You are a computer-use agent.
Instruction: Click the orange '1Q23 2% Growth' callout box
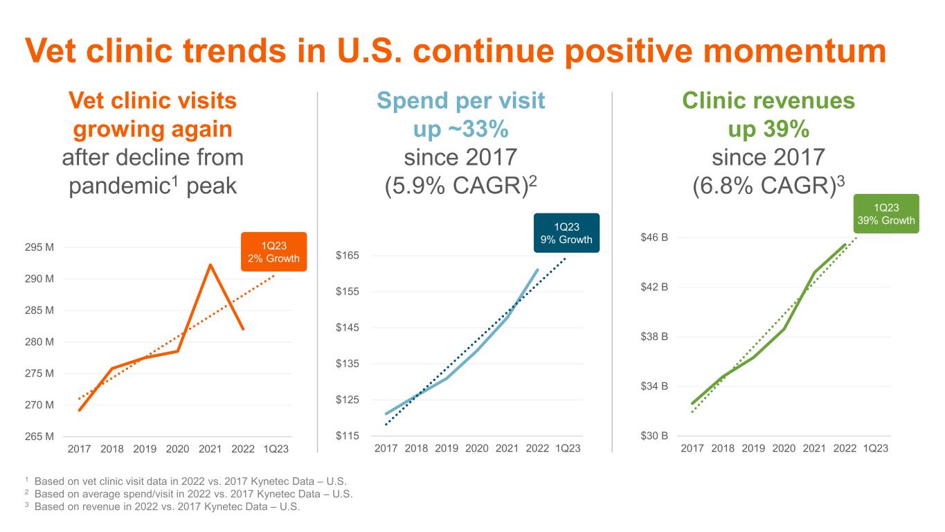point(274,251)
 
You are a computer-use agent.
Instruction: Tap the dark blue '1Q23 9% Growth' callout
point(566,233)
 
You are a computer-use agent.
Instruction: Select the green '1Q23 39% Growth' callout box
point(885,213)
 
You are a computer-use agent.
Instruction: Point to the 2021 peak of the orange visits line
point(210,265)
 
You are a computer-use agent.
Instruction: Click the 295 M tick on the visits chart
point(40,247)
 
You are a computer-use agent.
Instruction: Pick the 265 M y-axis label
point(40,436)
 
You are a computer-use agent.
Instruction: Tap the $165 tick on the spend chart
point(348,256)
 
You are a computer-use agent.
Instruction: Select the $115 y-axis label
point(348,436)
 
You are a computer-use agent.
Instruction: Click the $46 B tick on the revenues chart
point(654,238)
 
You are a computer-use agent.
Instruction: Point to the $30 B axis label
point(654,436)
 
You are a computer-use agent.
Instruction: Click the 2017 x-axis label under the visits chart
point(80,449)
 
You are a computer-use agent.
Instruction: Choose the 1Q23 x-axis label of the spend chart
point(568,449)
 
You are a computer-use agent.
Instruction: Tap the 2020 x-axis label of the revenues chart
point(784,449)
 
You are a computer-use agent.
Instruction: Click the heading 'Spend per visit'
point(460,101)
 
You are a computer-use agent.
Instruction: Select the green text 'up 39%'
point(768,130)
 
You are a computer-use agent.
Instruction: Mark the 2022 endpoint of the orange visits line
point(243,329)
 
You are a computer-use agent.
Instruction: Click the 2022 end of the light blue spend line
point(537,270)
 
